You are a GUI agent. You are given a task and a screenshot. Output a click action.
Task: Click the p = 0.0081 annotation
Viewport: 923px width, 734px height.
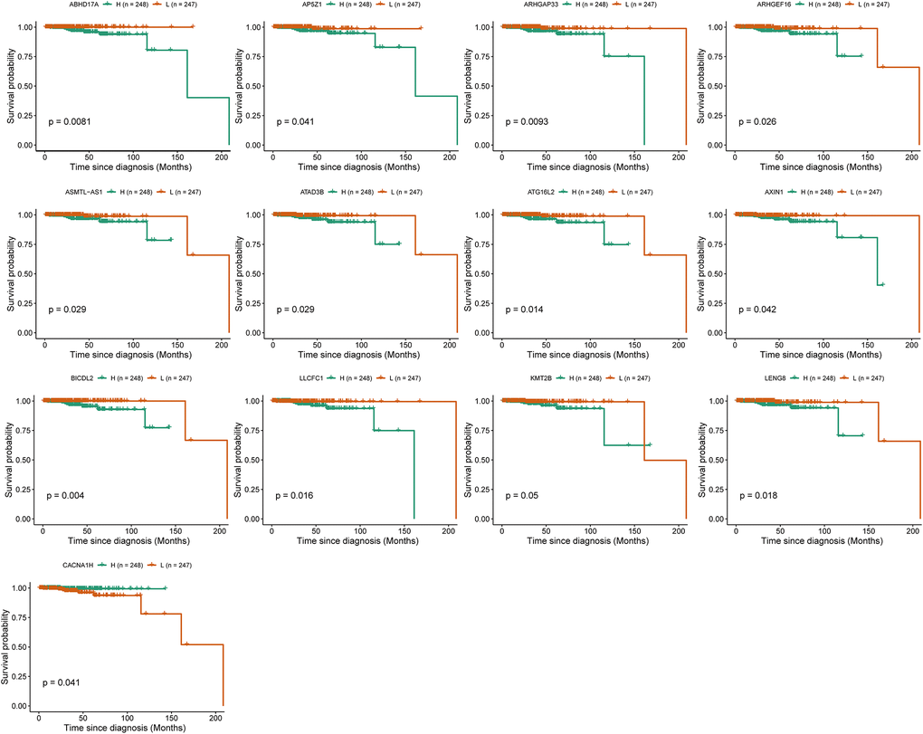pos(70,121)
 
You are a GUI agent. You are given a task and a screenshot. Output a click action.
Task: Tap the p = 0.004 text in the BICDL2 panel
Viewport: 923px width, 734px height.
pos(67,496)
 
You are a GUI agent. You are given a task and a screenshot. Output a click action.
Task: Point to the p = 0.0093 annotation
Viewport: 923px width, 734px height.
pos(527,121)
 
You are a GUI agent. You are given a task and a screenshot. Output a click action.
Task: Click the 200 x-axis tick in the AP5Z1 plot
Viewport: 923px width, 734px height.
pos(449,157)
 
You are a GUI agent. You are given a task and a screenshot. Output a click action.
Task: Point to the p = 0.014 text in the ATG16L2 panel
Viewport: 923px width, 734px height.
pos(524,310)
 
